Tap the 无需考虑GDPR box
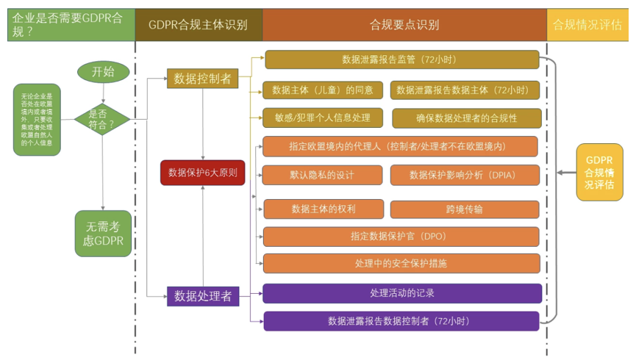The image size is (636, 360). point(103,234)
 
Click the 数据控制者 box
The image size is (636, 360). point(203,79)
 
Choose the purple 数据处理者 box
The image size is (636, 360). point(203,296)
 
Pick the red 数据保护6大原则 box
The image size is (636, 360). point(202,173)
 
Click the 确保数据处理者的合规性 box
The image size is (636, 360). point(466,118)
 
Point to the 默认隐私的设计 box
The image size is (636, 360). point(322,175)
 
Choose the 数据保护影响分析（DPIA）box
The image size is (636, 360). point(465,175)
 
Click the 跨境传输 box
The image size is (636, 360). point(465,209)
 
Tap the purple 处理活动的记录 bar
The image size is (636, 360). point(402,293)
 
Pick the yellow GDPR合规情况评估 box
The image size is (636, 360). point(599,173)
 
